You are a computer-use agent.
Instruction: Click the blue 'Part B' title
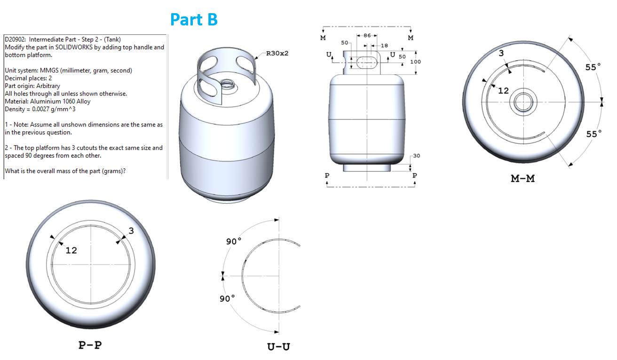pyautogui.click(x=193, y=19)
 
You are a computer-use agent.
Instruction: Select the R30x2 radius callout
pyautogui.click(x=277, y=53)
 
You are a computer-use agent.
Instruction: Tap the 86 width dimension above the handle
pyautogui.click(x=367, y=36)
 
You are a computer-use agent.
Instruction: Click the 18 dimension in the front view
pyautogui.click(x=384, y=46)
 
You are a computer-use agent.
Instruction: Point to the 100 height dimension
pyautogui.click(x=415, y=62)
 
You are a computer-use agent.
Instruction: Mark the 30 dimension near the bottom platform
pyautogui.click(x=416, y=156)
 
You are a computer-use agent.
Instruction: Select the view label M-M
pyautogui.click(x=522, y=178)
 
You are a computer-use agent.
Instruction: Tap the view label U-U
pyautogui.click(x=278, y=347)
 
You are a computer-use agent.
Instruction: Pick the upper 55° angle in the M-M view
pyautogui.click(x=593, y=67)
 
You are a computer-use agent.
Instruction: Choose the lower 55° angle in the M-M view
pyautogui.click(x=593, y=134)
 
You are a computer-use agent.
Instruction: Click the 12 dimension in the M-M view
pyautogui.click(x=503, y=91)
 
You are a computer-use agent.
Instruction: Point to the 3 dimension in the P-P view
pyautogui.click(x=131, y=231)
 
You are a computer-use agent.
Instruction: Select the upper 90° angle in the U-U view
pyautogui.click(x=233, y=241)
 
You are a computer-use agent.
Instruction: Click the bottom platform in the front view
pyautogui.click(x=366, y=167)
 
